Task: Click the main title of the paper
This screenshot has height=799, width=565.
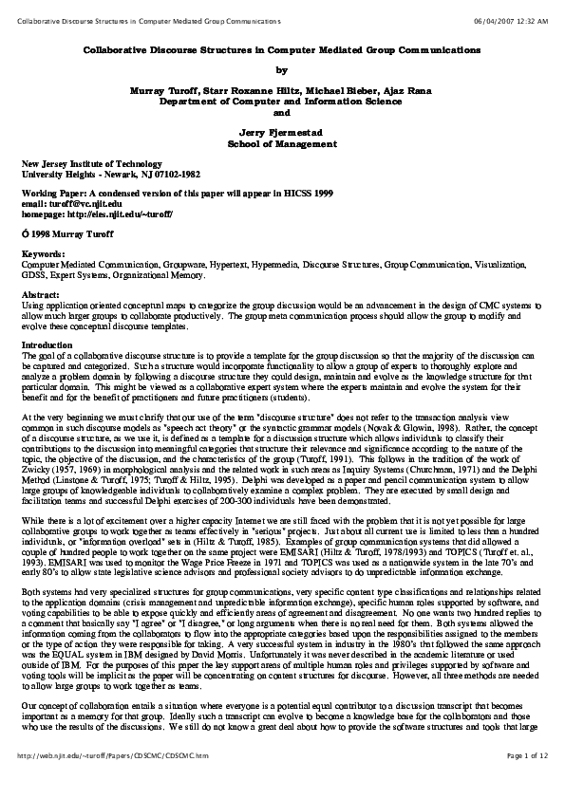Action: [283, 48]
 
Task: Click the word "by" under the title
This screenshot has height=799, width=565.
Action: [281, 69]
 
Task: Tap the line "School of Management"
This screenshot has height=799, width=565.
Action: [282, 143]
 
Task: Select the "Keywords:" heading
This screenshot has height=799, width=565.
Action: [43, 253]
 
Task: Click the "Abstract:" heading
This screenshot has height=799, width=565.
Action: [41, 294]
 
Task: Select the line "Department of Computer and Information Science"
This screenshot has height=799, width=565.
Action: [282, 101]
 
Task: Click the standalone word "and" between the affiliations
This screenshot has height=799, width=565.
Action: [281, 111]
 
